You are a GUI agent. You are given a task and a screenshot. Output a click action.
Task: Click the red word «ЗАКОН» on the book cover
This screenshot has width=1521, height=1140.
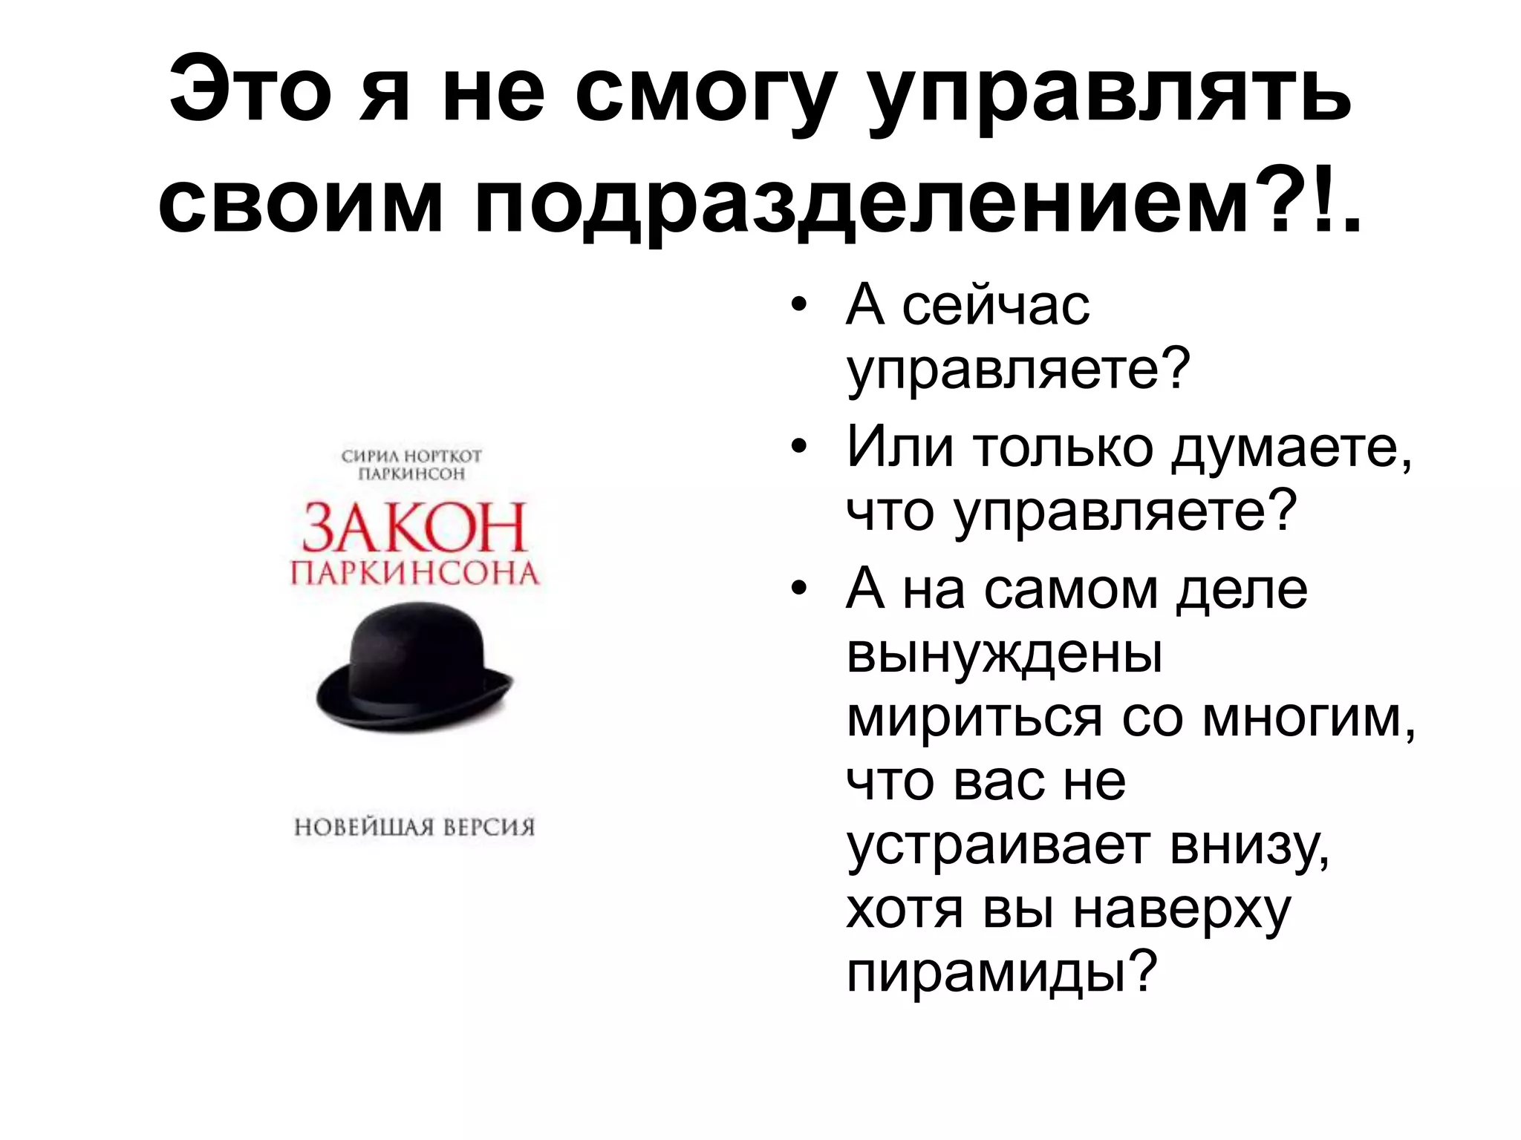(x=414, y=528)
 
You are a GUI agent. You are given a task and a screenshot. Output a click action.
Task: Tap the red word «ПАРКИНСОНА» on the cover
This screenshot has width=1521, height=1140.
(x=414, y=574)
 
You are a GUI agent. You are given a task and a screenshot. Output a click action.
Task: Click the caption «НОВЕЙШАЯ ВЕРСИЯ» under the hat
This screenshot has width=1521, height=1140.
(x=414, y=826)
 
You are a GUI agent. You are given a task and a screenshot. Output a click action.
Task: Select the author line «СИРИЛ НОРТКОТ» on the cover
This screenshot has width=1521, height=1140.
(x=411, y=456)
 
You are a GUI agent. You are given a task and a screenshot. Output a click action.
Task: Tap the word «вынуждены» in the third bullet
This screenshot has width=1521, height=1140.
(x=1004, y=654)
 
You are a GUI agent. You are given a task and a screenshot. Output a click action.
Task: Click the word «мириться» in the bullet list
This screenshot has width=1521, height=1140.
(x=974, y=718)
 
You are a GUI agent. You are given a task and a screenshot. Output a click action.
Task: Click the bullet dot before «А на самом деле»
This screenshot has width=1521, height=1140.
(x=798, y=590)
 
